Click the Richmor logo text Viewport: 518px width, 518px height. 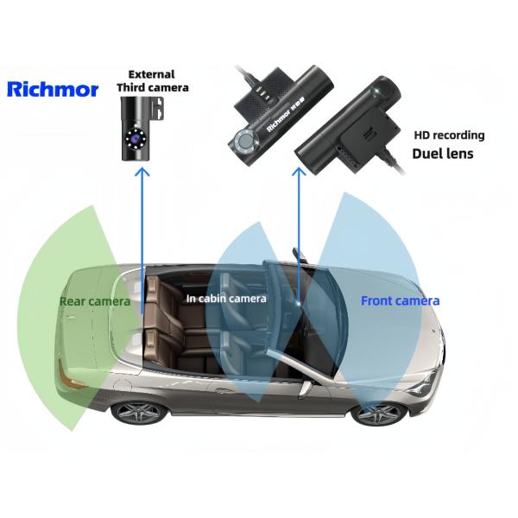(53, 88)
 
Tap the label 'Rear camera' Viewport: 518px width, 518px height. (95, 301)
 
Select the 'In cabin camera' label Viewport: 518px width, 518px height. (226, 298)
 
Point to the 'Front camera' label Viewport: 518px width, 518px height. (400, 300)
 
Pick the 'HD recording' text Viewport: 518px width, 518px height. (449, 136)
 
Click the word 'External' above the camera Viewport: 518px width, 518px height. (151, 74)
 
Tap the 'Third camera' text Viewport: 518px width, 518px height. (152, 87)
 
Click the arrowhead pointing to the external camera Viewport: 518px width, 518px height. (142, 173)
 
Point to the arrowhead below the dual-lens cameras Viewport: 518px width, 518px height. (299, 173)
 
